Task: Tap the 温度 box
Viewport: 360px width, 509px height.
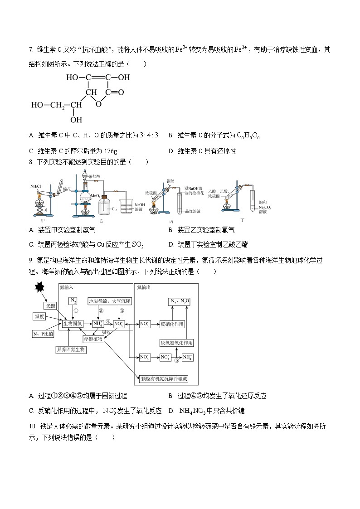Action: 39,316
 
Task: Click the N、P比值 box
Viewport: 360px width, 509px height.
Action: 44,334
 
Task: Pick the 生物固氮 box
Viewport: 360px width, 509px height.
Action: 73,324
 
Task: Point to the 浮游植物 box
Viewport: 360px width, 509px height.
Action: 93,339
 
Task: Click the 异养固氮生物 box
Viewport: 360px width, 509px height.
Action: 71,350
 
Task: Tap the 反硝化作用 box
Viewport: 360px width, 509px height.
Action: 174,324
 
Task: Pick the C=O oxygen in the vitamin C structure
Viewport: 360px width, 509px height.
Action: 121,92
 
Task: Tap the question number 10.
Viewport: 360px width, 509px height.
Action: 32,426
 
